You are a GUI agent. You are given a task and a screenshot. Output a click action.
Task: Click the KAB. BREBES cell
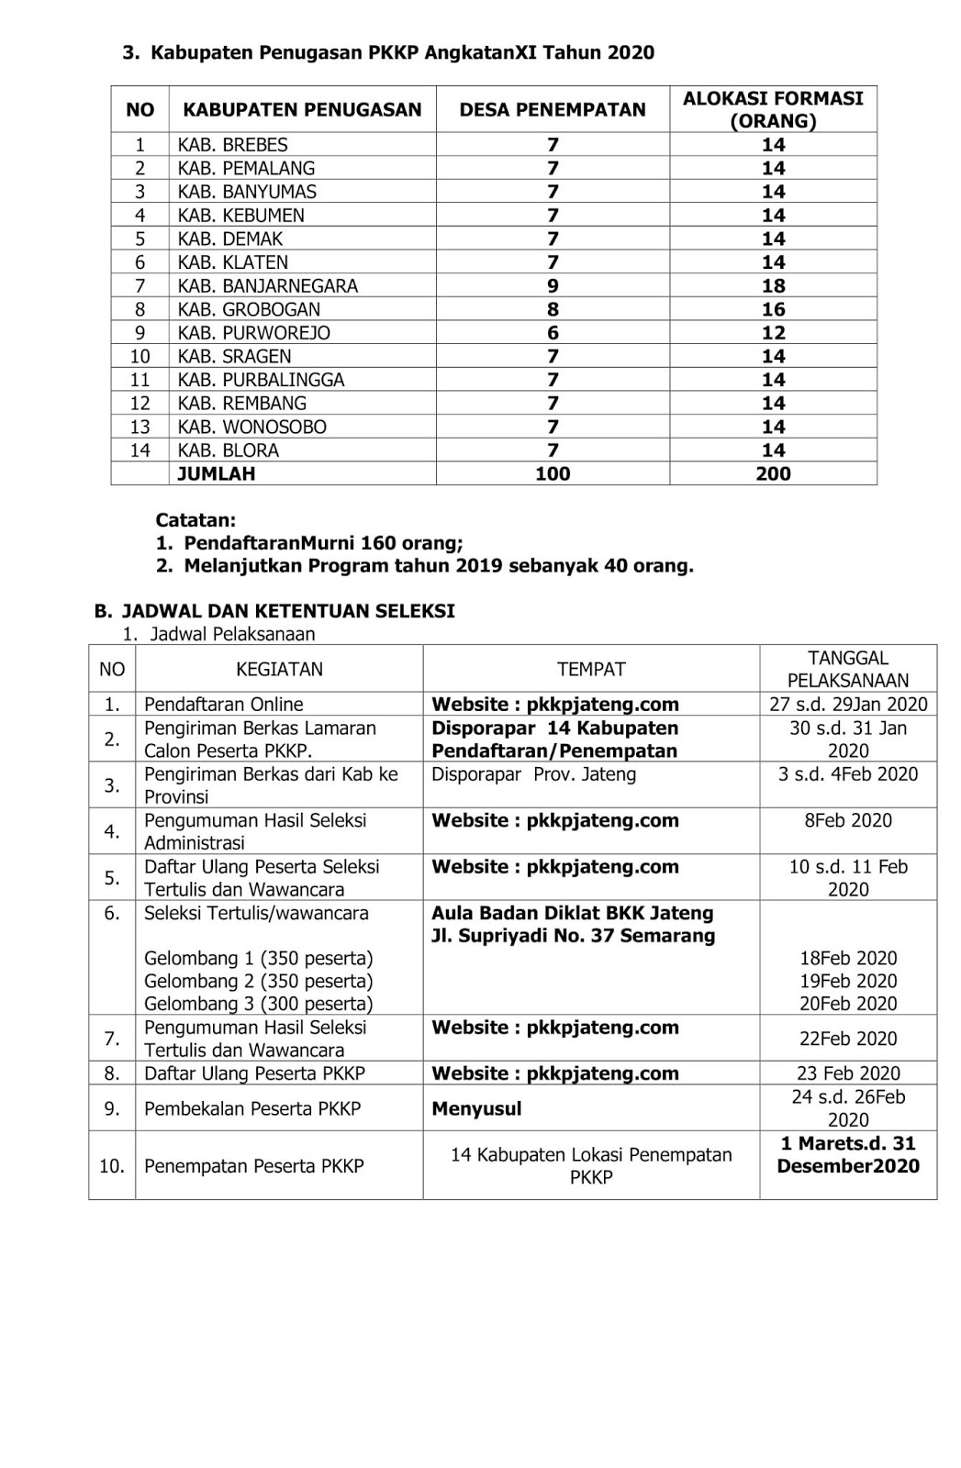(232, 145)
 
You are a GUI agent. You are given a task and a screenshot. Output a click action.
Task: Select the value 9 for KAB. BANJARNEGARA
(553, 286)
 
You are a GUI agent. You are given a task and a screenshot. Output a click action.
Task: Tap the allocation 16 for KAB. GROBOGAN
(773, 309)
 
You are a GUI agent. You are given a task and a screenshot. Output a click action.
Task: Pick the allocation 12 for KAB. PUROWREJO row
(773, 333)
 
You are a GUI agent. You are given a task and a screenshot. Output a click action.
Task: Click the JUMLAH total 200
(773, 474)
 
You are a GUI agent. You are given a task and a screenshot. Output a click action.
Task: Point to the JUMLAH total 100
(553, 474)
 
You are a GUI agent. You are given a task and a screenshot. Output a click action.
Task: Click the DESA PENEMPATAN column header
(553, 110)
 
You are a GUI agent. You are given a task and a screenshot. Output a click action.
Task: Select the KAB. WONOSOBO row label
(251, 428)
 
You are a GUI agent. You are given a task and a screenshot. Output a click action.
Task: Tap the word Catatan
(196, 520)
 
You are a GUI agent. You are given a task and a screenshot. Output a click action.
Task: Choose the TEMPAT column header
(591, 670)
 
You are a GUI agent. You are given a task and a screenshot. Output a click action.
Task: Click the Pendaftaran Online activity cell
(224, 705)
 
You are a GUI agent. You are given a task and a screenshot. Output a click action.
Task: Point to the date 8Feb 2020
(848, 820)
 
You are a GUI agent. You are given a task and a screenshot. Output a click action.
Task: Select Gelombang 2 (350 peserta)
(259, 981)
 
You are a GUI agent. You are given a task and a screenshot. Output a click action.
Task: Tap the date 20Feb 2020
(848, 1004)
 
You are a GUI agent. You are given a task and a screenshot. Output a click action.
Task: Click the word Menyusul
(476, 1108)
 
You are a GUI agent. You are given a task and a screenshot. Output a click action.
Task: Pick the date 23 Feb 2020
(848, 1073)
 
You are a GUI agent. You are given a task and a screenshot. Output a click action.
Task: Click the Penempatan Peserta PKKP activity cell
(254, 1166)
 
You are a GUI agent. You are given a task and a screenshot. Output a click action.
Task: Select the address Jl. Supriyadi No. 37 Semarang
(573, 936)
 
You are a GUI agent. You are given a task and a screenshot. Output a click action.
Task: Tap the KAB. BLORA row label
(228, 450)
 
